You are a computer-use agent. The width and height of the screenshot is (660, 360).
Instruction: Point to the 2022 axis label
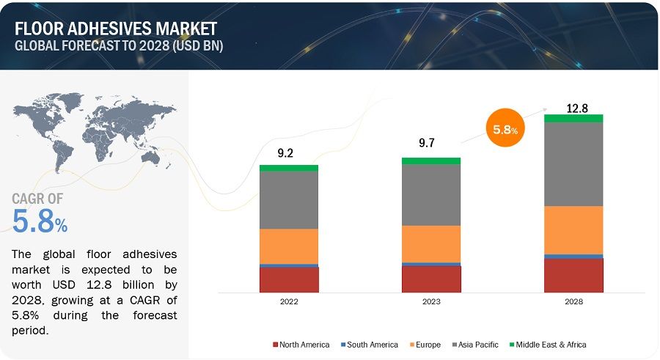pos(289,301)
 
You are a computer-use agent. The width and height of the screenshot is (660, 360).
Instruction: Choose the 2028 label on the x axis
pos(573,301)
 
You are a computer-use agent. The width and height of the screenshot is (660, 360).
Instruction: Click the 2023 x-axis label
pos(431,301)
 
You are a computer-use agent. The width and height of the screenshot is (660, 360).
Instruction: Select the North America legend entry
pos(301,345)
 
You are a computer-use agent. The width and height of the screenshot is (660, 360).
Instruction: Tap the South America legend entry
pos(369,345)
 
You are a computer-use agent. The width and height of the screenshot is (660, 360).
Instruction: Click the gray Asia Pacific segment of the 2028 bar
pos(573,164)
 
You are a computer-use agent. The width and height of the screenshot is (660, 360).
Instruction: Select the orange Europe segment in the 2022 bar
pos(289,246)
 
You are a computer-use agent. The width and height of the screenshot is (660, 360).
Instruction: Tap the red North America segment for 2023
pos(431,279)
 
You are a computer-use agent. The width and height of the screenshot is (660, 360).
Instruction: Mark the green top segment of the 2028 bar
pos(573,118)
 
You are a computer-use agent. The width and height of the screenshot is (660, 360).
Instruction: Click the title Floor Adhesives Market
pos(115,28)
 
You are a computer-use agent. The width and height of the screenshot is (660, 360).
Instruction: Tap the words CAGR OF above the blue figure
pos(37,199)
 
